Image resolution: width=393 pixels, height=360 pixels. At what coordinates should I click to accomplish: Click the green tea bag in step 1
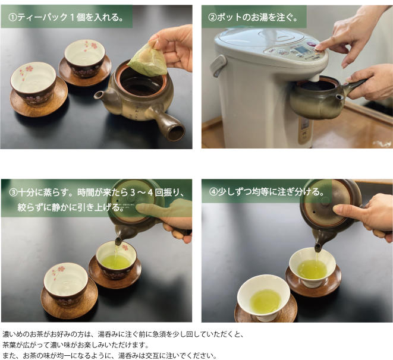(x=148, y=59)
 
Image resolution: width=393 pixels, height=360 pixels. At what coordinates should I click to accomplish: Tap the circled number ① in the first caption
(x=12, y=17)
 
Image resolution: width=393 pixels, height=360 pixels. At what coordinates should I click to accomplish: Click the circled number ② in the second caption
(x=212, y=17)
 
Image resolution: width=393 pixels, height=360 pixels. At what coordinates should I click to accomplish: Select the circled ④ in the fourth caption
(x=213, y=192)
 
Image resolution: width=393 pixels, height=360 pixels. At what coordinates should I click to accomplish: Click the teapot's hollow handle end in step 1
(x=176, y=132)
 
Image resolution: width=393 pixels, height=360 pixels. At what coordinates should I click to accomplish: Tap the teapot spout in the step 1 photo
(x=101, y=97)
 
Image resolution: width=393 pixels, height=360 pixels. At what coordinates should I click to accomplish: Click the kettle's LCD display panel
(x=303, y=49)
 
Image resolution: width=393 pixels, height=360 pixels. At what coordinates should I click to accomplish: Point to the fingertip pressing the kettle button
(x=319, y=47)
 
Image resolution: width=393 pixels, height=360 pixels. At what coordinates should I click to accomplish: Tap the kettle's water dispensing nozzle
(x=314, y=77)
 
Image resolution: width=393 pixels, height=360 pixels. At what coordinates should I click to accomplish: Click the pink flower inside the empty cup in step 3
(x=60, y=270)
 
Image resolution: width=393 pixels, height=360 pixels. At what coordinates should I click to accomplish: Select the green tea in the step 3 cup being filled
(x=116, y=262)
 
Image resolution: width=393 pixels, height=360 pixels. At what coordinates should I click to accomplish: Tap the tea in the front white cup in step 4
(x=265, y=301)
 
